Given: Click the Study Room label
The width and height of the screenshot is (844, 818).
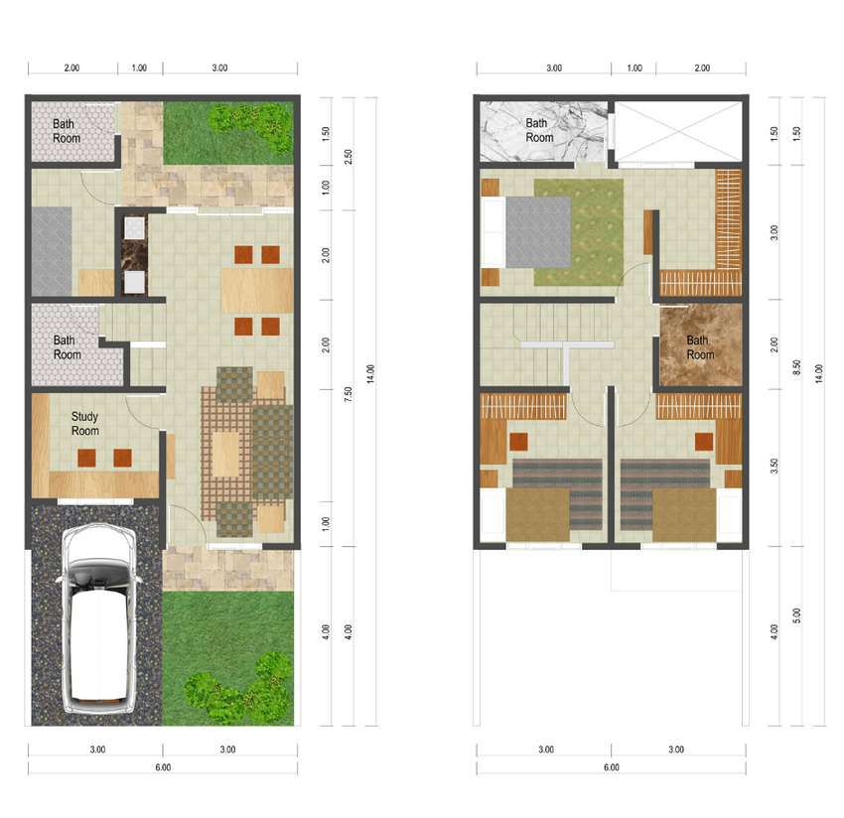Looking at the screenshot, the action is click(x=85, y=424).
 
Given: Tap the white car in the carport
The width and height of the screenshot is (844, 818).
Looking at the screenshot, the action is click(x=98, y=618).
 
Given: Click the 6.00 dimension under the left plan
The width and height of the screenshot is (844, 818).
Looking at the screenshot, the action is click(x=163, y=767).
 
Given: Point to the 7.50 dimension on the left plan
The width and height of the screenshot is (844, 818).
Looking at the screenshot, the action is click(x=349, y=394).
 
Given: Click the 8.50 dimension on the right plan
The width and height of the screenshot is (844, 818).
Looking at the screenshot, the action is click(x=797, y=367).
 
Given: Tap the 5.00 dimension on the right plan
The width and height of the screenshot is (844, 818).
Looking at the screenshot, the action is click(x=797, y=615).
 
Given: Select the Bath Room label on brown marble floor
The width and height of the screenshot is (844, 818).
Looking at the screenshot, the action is click(x=700, y=347).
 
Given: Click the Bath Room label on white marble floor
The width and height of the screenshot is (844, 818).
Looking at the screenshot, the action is click(x=539, y=130).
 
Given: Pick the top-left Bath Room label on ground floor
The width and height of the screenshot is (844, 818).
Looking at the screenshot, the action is click(x=67, y=131).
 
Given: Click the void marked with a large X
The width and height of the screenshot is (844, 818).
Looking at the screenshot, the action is click(x=678, y=132).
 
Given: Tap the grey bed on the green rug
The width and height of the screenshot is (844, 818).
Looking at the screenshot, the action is click(x=538, y=232).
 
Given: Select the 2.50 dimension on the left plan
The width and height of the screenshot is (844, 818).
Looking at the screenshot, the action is click(x=349, y=157).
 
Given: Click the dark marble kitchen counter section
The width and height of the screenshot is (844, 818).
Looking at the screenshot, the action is click(x=135, y=255).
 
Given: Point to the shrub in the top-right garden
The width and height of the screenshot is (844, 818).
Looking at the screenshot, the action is click(x=251, y=126).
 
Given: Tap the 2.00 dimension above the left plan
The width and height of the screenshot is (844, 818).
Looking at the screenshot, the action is click(x=71, y=68).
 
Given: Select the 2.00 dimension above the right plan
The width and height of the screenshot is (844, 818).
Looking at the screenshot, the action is click(x=702, y=68).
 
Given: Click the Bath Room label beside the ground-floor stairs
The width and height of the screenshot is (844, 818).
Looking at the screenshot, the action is click(x=67, y=347).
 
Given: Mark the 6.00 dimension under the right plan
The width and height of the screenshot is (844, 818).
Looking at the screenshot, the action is click(x=611, y=767).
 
